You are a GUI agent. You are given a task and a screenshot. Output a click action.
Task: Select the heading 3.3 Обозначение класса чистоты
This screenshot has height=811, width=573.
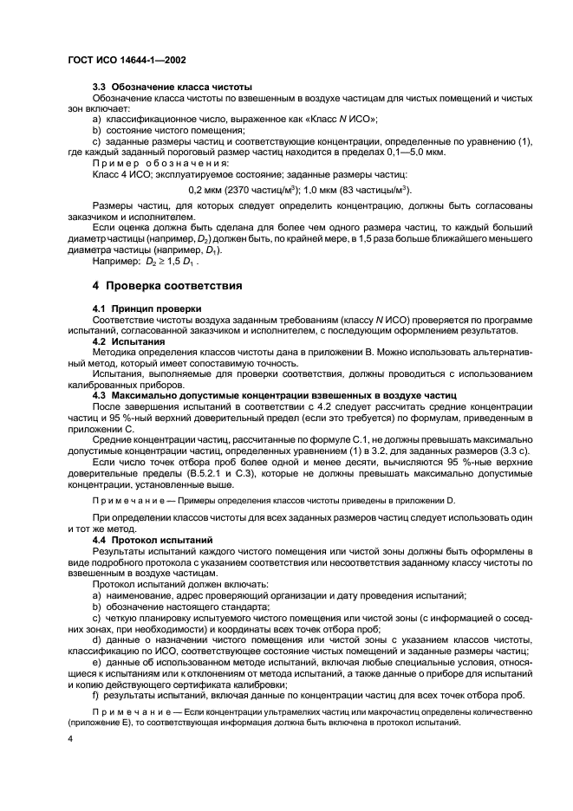(172, 88)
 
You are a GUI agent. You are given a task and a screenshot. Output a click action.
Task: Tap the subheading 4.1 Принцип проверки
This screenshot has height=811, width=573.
(147, 308)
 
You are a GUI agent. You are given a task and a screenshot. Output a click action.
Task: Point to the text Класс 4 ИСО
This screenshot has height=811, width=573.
(120, 174)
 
